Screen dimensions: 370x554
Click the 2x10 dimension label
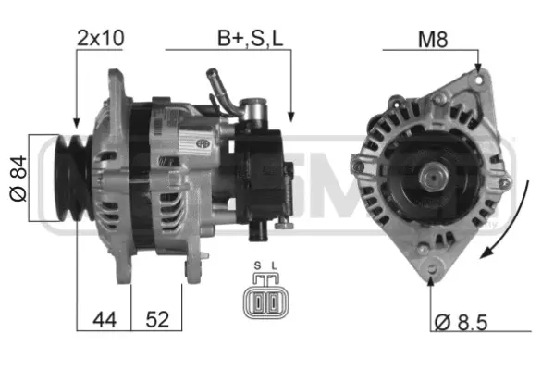[x=101, y=38]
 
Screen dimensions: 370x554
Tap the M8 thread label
[x=435, y=38]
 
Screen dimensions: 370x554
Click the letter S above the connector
[x=256, y=267]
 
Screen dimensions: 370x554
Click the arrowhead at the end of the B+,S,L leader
[x=290, y=116]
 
